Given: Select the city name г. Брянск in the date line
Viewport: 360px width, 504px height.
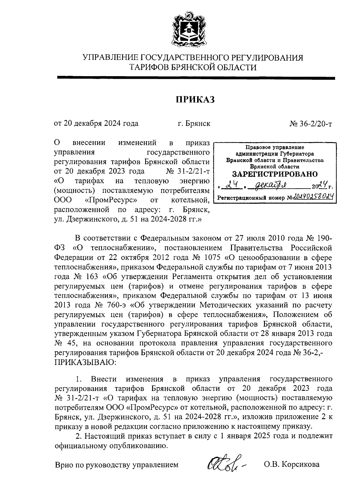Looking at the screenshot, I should coord(193,124).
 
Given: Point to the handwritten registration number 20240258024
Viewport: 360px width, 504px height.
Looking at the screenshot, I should coord(313,197).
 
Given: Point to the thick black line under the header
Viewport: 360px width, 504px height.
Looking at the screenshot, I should coord(196,78).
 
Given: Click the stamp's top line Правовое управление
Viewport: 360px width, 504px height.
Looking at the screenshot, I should coord(274,147).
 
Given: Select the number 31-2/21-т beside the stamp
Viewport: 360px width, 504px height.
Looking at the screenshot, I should coord(191,171).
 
